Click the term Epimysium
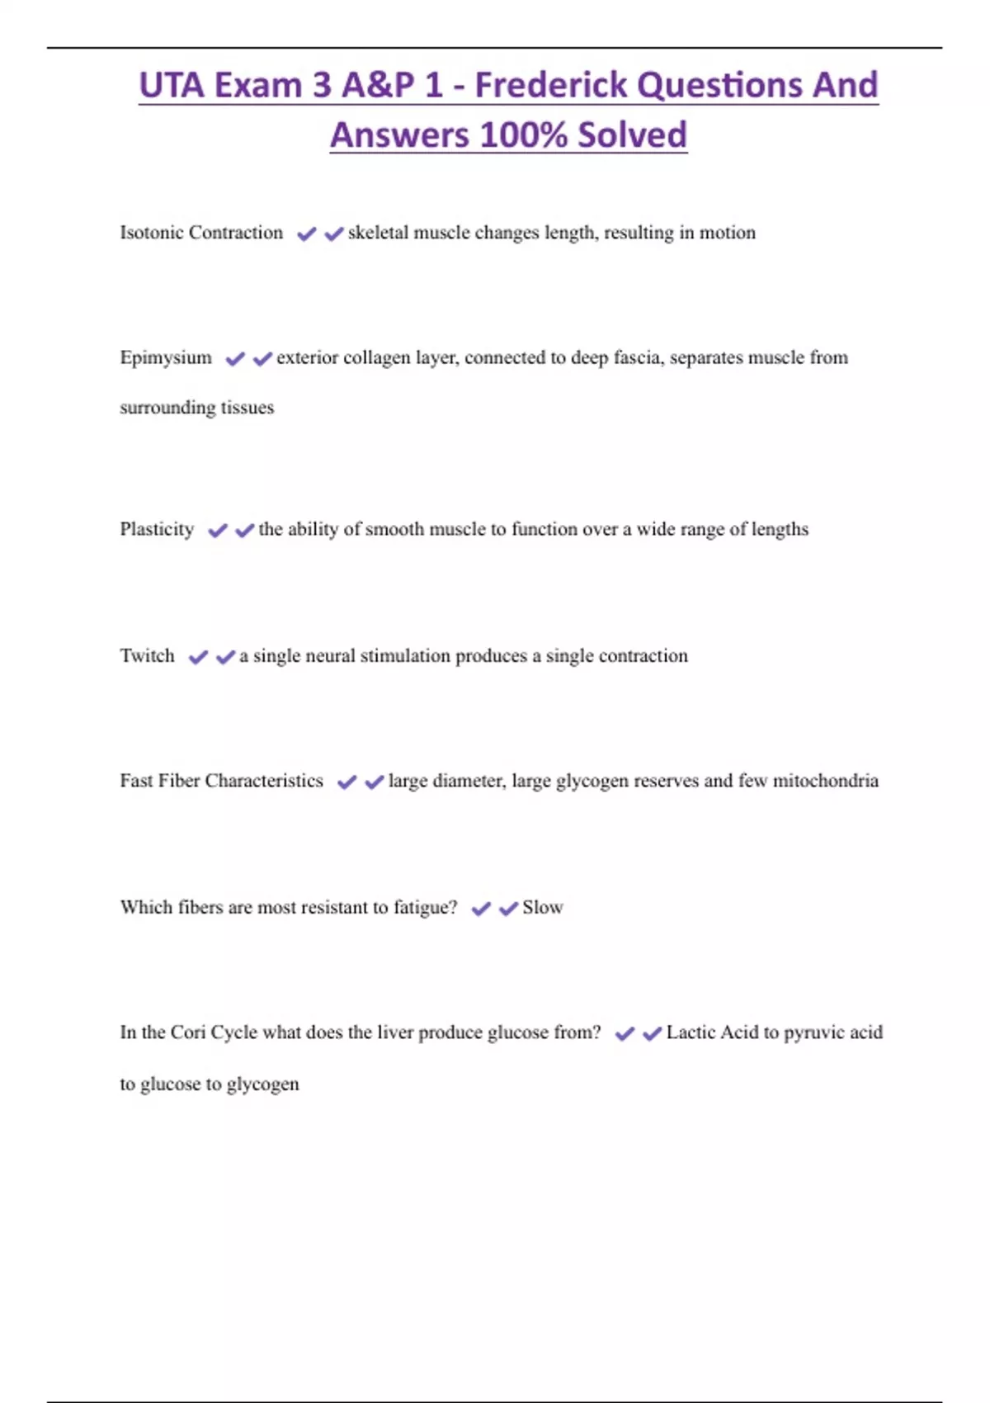point(166,358)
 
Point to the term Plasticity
point(157,529)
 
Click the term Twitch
point(147,656)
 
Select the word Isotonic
point(152,233)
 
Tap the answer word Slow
point(543,908)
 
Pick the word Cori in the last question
point(188,1032)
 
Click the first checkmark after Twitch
point(198,657)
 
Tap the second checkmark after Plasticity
point(244,530)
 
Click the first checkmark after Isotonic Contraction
point(306,234)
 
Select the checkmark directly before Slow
point(508,909)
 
